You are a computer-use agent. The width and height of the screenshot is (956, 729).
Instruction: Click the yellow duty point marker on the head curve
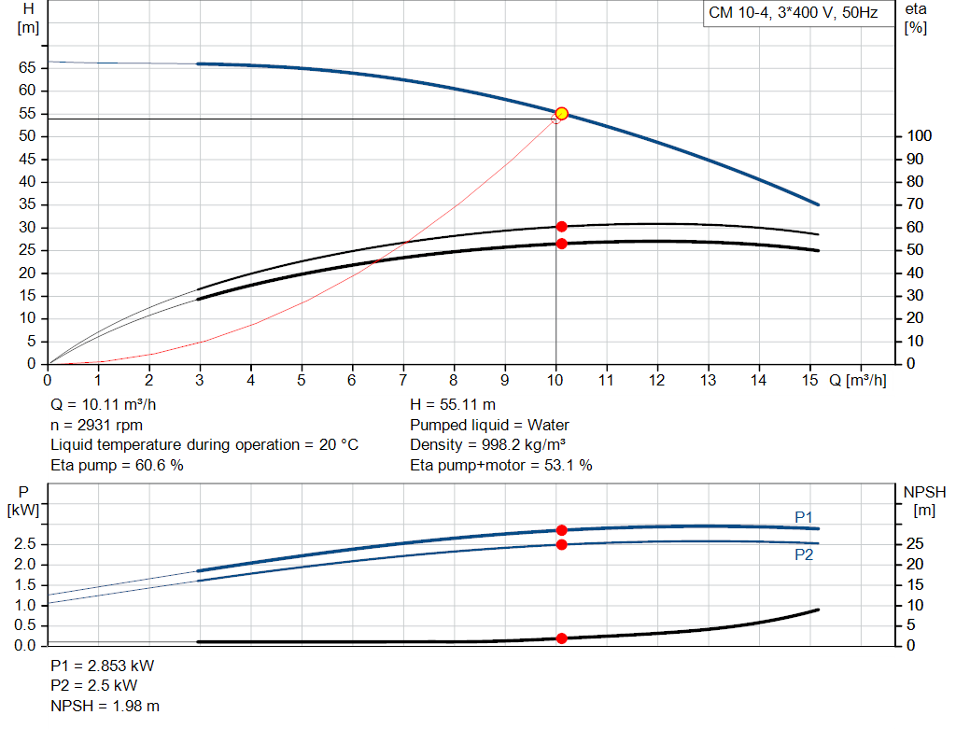[x=561, y=114]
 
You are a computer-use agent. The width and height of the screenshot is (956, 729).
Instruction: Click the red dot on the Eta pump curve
[x=561, y=227]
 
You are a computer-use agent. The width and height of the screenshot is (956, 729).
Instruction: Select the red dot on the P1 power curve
[x=561, y=530]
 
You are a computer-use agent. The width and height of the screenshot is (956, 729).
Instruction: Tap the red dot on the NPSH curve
[x=561, y=638]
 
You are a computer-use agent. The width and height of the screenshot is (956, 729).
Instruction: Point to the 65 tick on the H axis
[x=26, y=68]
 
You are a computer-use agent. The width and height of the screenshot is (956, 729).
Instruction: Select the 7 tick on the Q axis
[x=403, y=380]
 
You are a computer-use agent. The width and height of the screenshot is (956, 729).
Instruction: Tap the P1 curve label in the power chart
[x=804, y=517]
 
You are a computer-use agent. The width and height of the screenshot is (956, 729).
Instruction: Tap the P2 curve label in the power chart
[x=804, y=554]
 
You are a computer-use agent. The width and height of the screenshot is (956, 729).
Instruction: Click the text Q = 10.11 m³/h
[x=104, y=405]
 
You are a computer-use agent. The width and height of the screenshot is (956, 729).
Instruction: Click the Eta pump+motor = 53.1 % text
[x=501, y=465]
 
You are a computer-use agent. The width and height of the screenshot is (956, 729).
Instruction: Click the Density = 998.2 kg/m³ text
[x=488, y=445]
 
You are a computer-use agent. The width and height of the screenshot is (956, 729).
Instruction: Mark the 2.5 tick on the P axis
[x=26, y=544]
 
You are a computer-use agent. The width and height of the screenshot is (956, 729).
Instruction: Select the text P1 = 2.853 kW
[x=103, y=666]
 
